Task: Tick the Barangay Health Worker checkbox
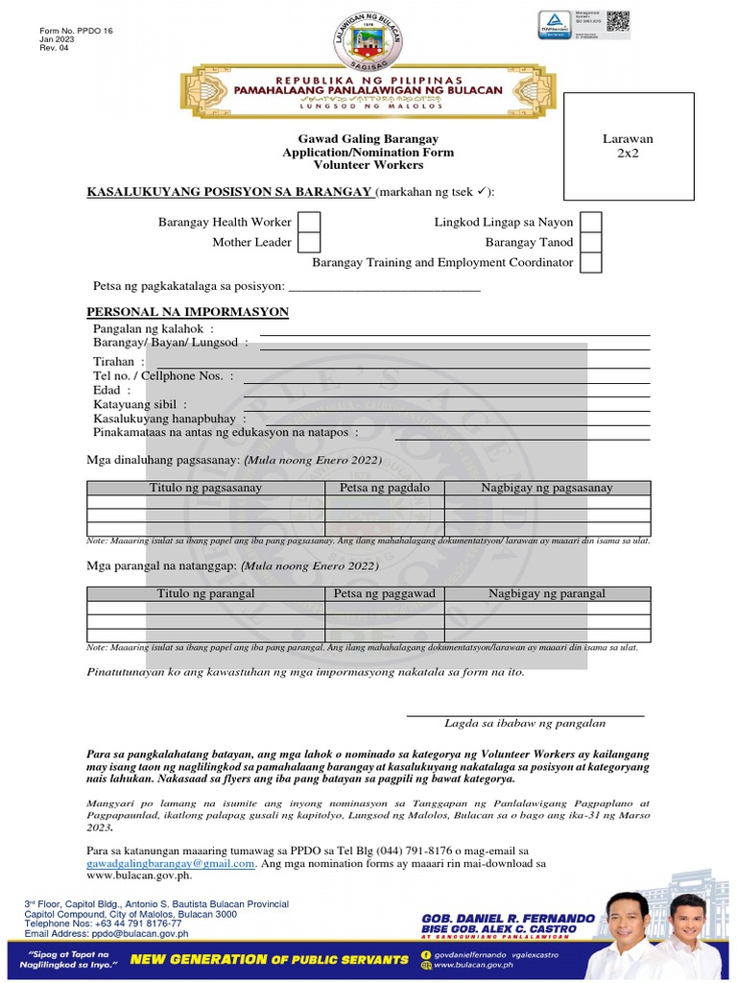pyautogui.click(x=309, y=223)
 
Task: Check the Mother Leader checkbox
pyautogui.click(x=309, y=243)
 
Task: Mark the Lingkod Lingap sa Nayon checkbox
pyautogui.click(x=591, y=223)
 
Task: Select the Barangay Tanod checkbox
pyautogui.click(x=591, y=243)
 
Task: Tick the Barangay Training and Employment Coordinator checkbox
pyautogui.click(x=591, y=263)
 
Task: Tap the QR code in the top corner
pyautogui.click(x=618, y=21)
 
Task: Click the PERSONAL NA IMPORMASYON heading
pyautogui.click(x=188, y=313)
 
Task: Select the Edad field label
pyautogui.click(x=107, y=391)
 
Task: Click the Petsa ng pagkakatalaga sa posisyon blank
pyautogui.click(x=384, y=287)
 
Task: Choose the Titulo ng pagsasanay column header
pyautogui.click(x=205, y=489)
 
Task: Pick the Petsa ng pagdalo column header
pyautogui.click(x=385, y=489)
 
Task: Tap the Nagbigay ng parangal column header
pyautogui.click(x=547, y=594)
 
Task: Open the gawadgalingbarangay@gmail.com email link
pyautogui.click(x=171, y=863)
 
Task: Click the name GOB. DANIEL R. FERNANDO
pyautogui.click(x=506, y=919)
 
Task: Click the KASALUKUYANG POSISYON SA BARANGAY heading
pyautogui.click(x=229, y=192)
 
